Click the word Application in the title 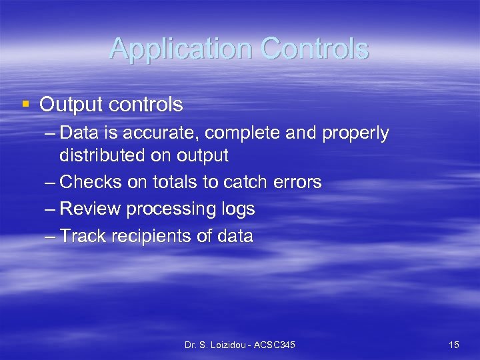181,49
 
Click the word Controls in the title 315,49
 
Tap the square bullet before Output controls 25,104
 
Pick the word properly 355,133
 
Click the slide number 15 454,345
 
